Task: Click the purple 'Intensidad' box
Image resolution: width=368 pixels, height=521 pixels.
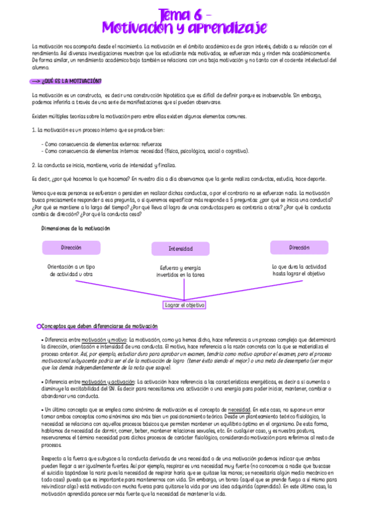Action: point(181,249)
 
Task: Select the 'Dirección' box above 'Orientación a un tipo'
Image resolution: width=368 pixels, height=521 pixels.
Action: point(71,247)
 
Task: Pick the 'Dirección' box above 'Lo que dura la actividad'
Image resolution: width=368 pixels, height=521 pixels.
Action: point(299,247)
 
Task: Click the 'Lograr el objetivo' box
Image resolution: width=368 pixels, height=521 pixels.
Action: point(185,305)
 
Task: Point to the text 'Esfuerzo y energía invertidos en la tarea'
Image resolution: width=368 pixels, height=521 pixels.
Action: point(181,271)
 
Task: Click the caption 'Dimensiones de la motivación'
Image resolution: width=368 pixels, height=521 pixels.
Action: point(76,228)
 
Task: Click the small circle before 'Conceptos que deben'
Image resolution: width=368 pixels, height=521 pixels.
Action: point(39,326)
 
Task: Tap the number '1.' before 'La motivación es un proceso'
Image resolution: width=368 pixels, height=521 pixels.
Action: point(34,130)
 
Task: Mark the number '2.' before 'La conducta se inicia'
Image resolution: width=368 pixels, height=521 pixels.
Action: point(34,165)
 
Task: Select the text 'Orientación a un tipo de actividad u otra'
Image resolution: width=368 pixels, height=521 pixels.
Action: point(71,270)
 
